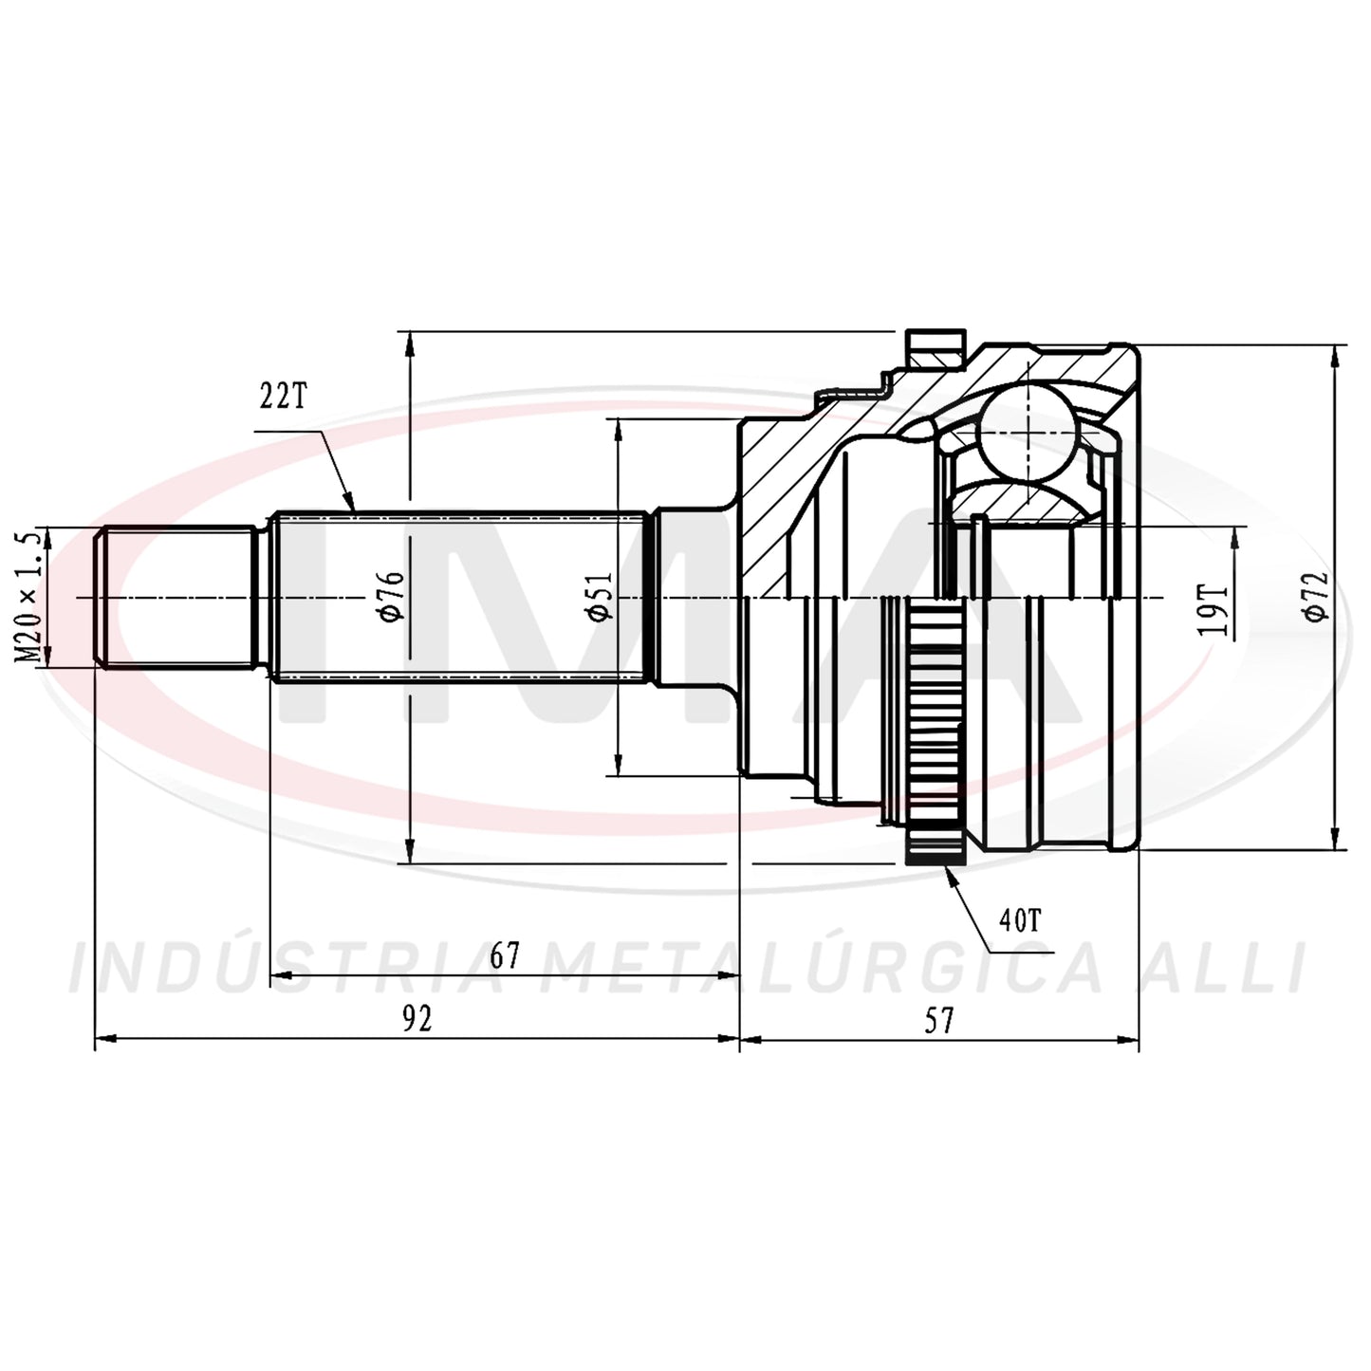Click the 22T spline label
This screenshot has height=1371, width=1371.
[x=283, y=398]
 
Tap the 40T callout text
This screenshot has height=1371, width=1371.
[x=1020, y=921]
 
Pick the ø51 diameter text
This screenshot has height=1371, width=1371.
[x=600, y=596]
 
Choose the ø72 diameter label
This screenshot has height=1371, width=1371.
[x=1317, y=596]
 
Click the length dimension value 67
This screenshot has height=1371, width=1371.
[x=505, y=955]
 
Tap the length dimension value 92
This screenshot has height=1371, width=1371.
[x=417, y=1020]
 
